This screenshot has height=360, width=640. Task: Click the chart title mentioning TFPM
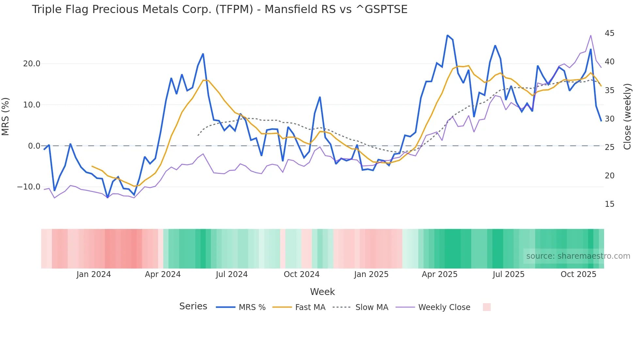pos(219,9)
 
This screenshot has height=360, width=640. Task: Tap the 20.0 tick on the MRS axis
pos(31,64)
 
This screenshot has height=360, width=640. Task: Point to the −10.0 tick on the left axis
pos(29,187)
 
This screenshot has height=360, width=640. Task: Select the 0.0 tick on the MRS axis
pos(34,146)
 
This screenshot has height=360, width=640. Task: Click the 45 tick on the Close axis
pos(609,33)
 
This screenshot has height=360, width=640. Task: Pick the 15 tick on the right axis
pos(609,204)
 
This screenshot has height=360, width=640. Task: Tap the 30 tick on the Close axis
pos(609,119)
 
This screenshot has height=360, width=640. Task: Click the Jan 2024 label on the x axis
pos(94,274)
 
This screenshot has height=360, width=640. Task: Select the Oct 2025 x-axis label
pos(578,274)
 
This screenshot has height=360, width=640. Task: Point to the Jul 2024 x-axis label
pos(232,274)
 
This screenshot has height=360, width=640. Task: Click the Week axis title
pos(322,292)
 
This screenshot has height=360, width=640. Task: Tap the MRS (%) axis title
pos(6,117)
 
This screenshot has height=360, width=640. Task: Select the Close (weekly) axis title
pos(627,117)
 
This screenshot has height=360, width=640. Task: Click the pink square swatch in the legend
pos(487,307)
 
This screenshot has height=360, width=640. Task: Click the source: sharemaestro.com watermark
pos(578,256)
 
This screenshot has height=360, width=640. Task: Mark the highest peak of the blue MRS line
pos(447,35)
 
